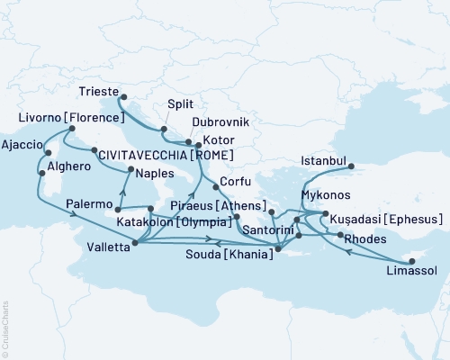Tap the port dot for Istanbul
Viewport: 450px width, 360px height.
point(351,166)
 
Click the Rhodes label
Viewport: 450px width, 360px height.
point(369,238)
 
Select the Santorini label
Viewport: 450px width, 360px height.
point(267,231)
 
